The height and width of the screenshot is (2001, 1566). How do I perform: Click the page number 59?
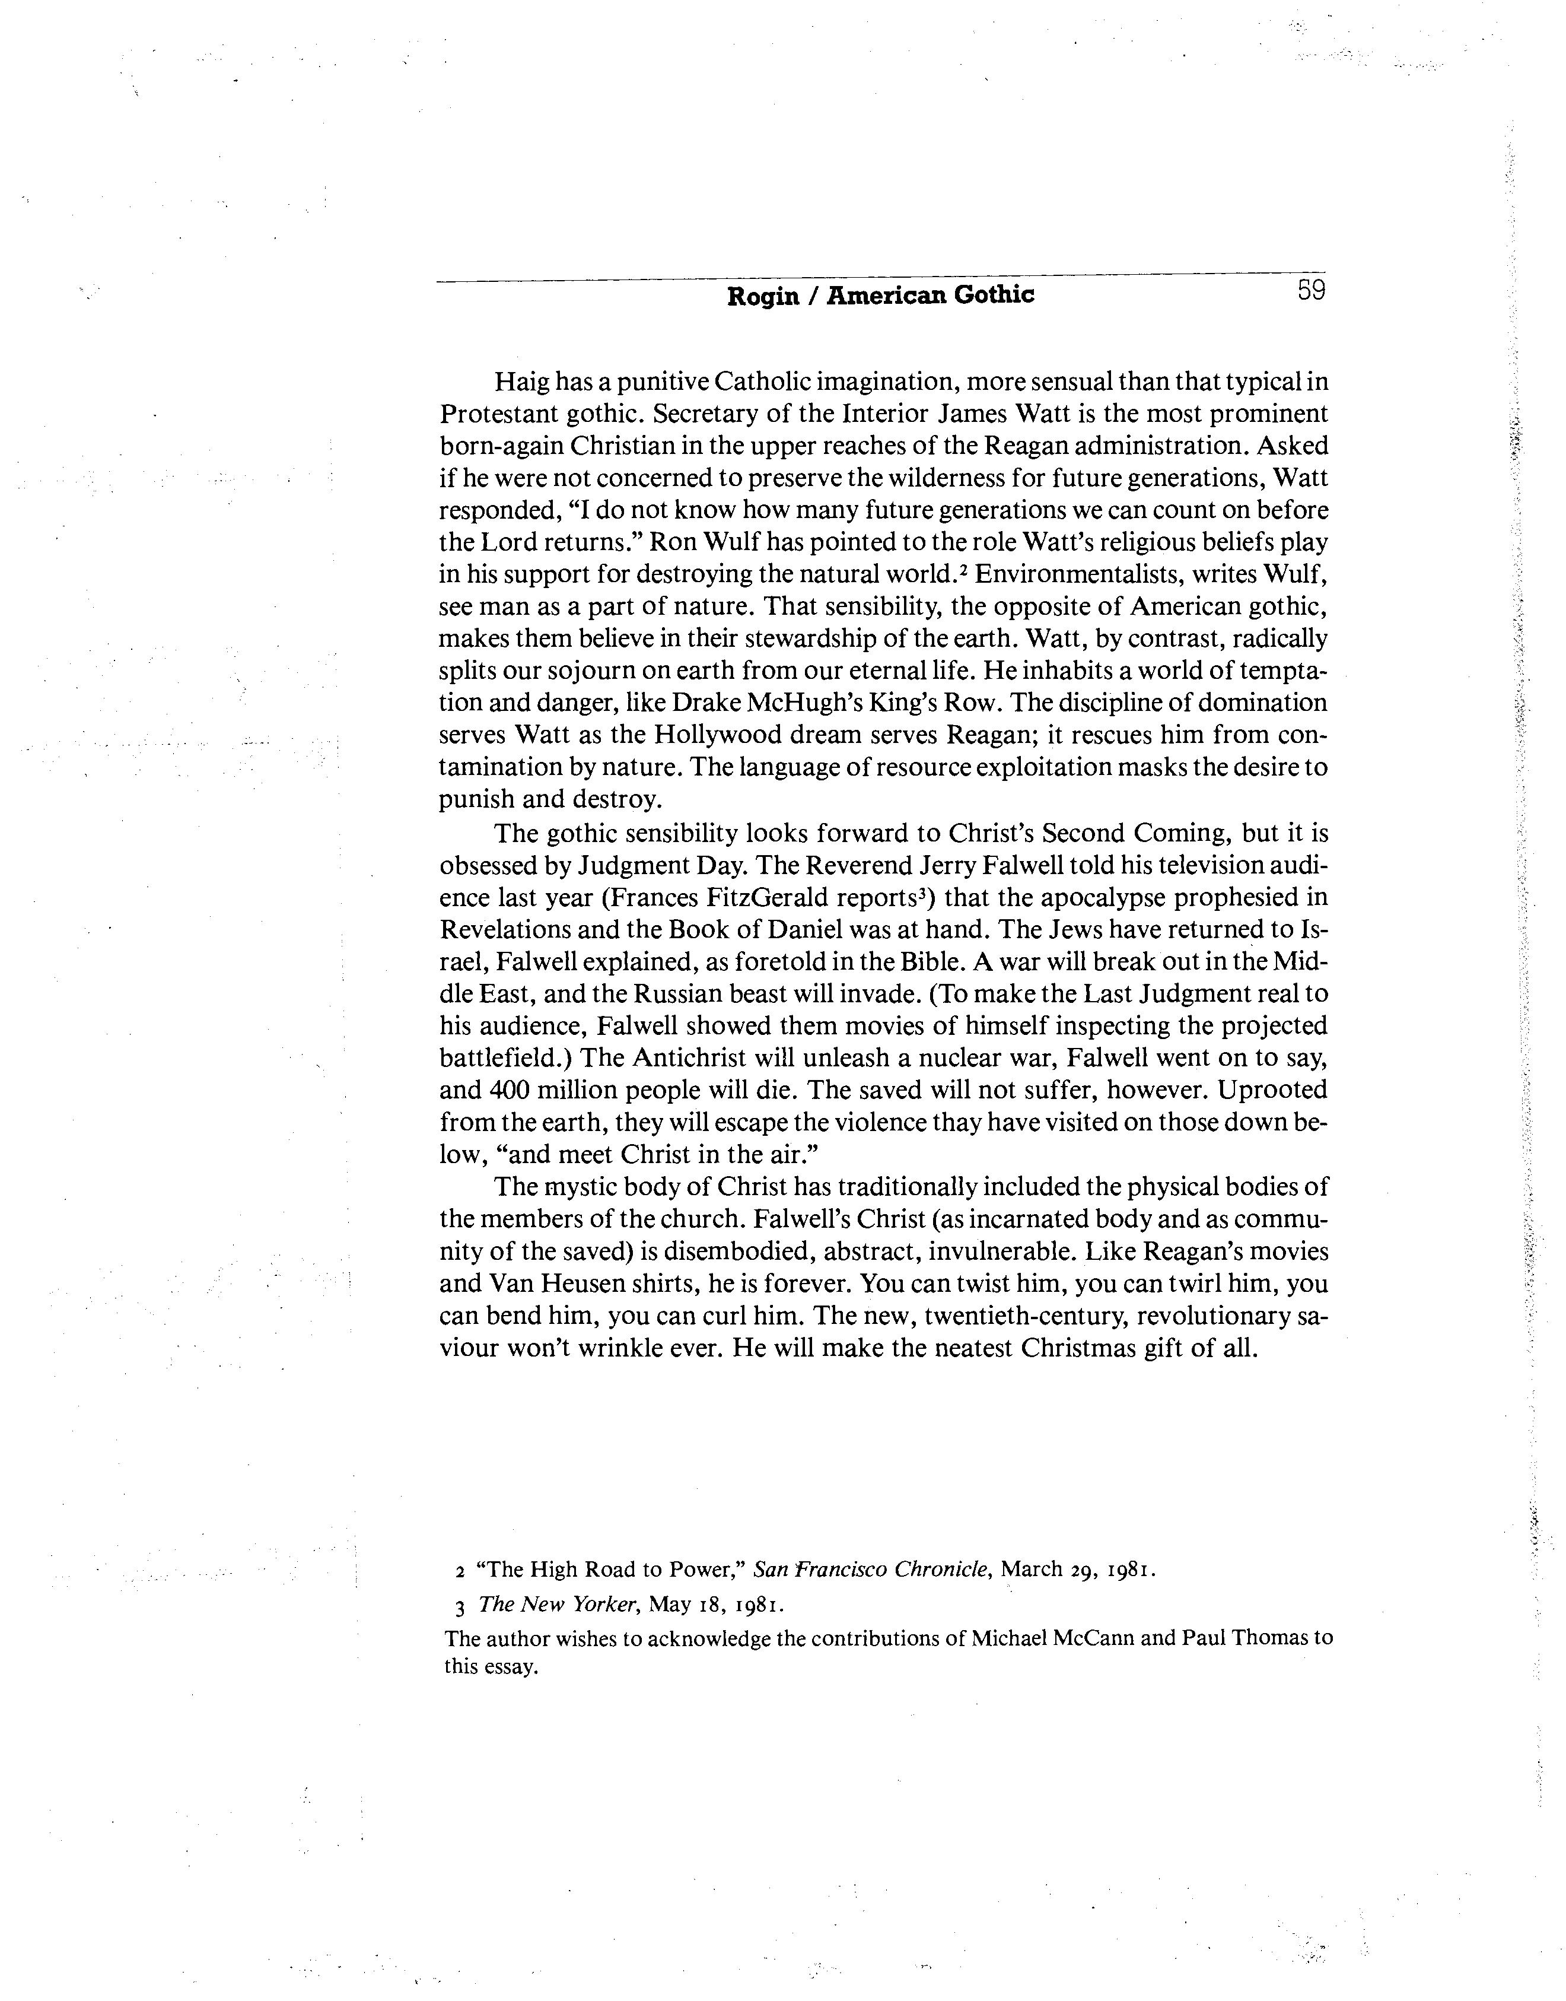point(1311,291)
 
